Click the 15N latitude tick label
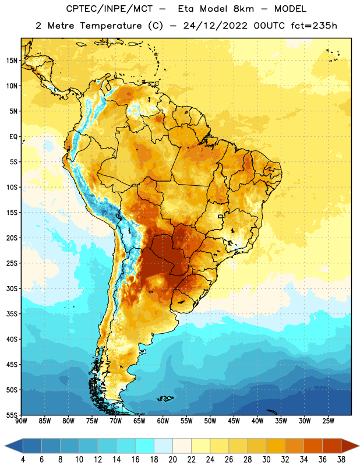click(12, 61)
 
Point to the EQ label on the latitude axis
click(13, 137)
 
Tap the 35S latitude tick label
click(12, 314)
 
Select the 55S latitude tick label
click(12, 415)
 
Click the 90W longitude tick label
click(21, 421)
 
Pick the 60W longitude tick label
click(163, 421)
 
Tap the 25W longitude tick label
click(328, 421)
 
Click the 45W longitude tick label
click(234, 421)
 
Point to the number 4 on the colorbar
click(23, 460)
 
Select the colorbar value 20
click(172, 460)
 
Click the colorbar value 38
click(341, 460)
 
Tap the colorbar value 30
click(266, 460)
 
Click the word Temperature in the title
click(111, 26)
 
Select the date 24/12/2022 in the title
click(215, 26)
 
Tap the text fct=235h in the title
click(314, 26)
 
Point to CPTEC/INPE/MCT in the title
click(109, 9)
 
